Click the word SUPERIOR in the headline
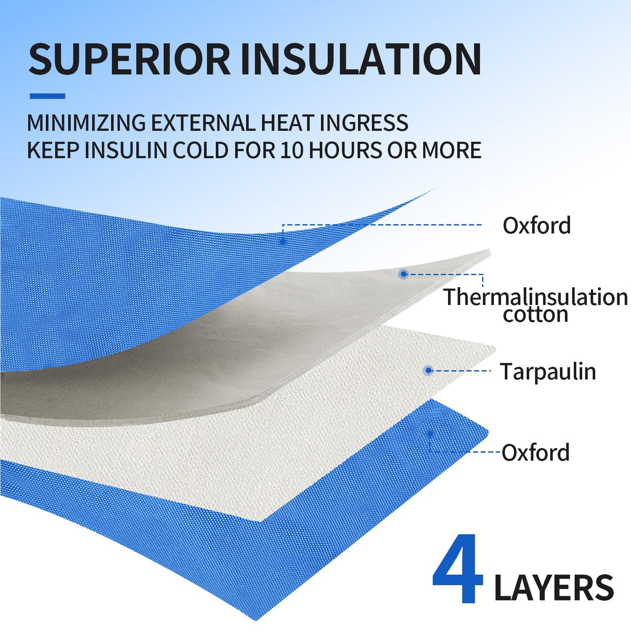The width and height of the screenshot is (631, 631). click(129, 59)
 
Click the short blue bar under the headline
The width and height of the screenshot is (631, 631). click(47, 96)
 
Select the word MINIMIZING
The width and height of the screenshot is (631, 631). click(86, 123)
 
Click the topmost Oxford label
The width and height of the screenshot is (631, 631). click(537, 225)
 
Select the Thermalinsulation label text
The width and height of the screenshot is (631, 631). click(535, 297)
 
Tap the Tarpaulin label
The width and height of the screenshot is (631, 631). click(548, 372)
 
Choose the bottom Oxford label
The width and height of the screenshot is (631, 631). click(536, 452)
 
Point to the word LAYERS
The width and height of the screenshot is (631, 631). click(554, 587)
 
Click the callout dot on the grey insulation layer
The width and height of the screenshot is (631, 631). click(403, 274)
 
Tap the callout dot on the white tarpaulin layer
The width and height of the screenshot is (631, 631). click(429, 370)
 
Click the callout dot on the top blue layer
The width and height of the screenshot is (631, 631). click(283, 242)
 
